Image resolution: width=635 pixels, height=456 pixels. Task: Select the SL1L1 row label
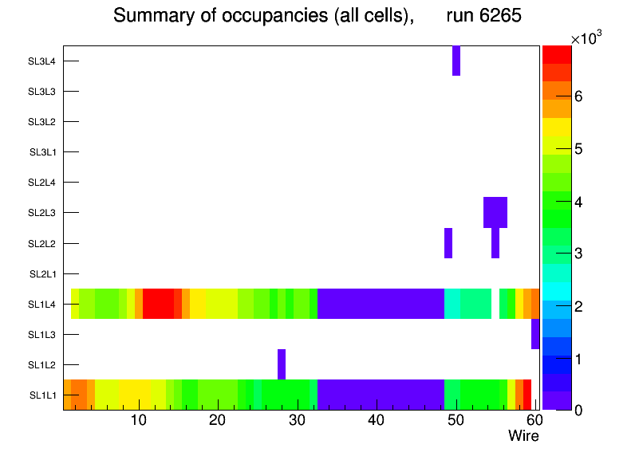click(43, 395)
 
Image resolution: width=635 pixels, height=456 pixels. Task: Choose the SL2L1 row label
click(43, 273)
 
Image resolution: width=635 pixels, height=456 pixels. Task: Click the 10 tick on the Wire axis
click(139, 420)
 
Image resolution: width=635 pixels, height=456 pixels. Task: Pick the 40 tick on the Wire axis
click(377, 420)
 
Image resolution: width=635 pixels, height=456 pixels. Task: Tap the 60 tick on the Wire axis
click(532, 420)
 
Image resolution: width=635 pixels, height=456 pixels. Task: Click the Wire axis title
click(523, 435)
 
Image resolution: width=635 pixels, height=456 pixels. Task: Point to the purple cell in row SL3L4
click(456, 61)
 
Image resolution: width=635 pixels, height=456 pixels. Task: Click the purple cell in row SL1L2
click(282, 364)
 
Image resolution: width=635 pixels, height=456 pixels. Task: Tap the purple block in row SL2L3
click(495, 212)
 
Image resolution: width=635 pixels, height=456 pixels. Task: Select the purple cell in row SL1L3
click(535, 334)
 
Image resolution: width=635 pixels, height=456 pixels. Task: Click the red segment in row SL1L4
click(159, 304)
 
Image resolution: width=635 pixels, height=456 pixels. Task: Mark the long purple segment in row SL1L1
click(381, 395)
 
